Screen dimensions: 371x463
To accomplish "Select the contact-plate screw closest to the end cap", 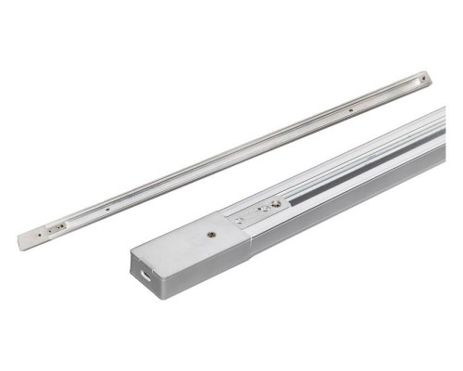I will coord(239,220).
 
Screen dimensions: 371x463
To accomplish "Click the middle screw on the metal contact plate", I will coord(263,210).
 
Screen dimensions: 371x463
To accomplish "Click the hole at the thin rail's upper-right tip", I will coord(424,80).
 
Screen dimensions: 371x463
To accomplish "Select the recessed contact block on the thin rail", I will coord(61,224).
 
